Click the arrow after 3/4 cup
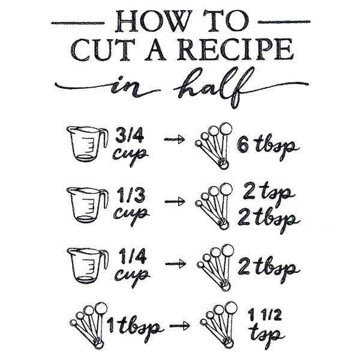tap(175, 140)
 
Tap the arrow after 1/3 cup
tap(175, 202)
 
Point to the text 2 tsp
tap(268, 193)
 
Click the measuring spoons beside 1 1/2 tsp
tap(217, 324)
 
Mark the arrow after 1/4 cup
tap(175, 263)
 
